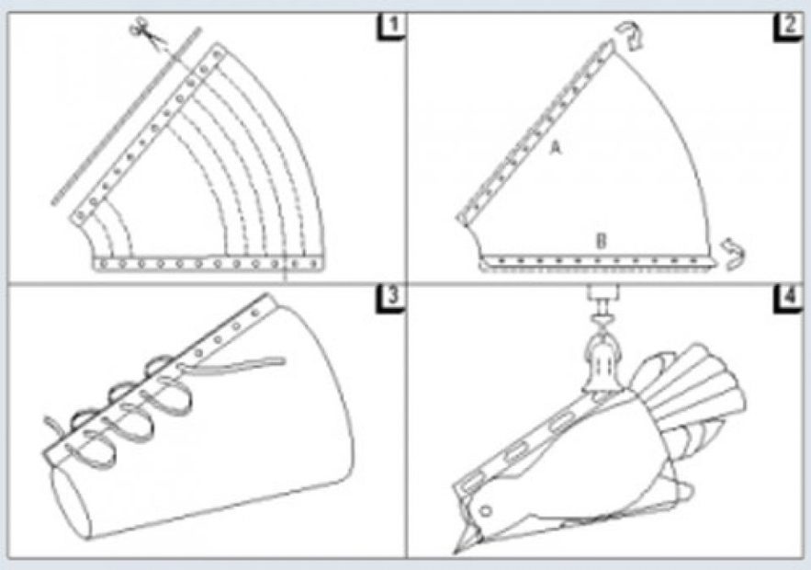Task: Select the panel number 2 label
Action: pyautogui.click(x=788, y=28)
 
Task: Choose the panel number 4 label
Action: pyautogui.click(x=788, y=300)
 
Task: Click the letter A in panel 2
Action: pyautogui.click(x=555, y=149)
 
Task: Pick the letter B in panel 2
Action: pyautogui.click(x=601, y=241)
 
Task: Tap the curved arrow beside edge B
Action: pyautogui.click(x=734, y=254)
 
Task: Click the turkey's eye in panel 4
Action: pyautogui.click(x=485, y=511)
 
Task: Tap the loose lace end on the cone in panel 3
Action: pyautogui.click(x=232, y=364)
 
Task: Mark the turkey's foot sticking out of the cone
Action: pyautogui.click(x=681, y=491)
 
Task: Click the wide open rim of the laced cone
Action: pyautogui.click(x=321, y=393)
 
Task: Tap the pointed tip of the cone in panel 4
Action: pyautogui.click(x=456, y=553)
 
